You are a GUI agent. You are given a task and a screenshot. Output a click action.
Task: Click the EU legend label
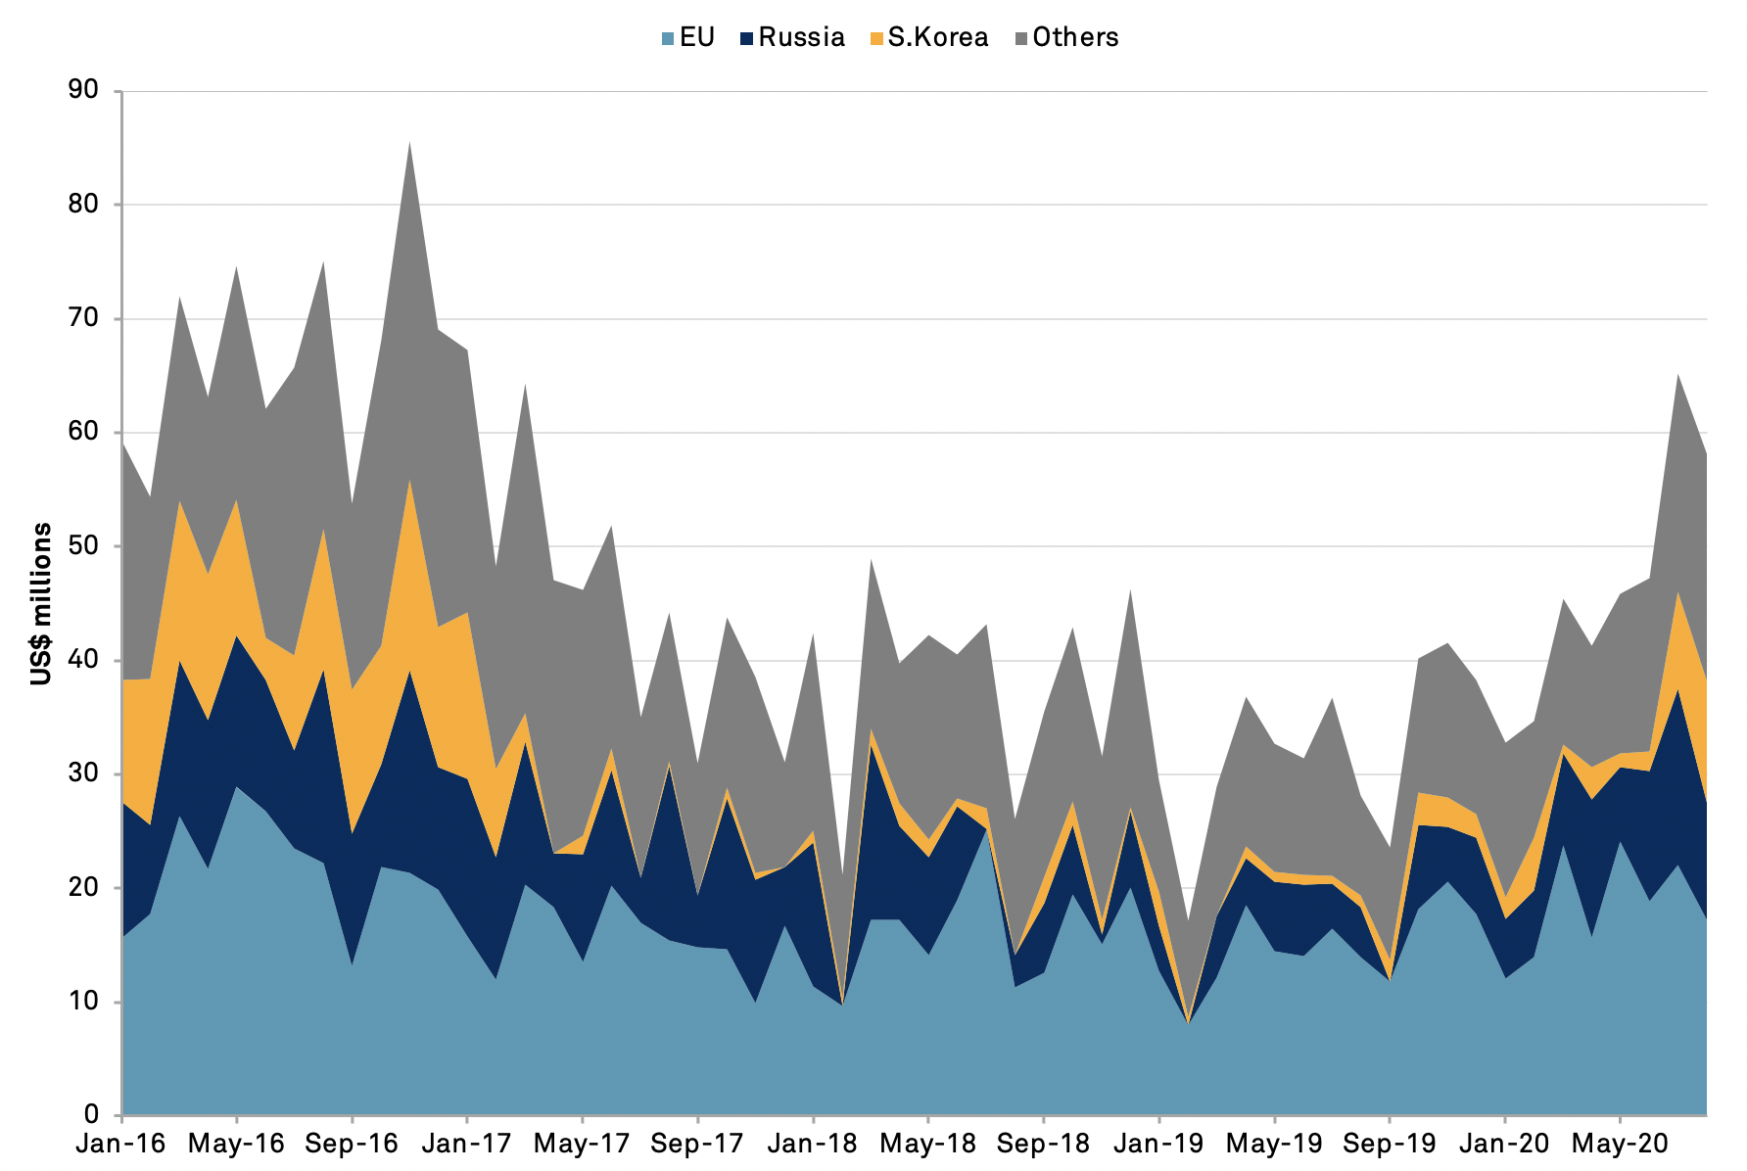coord(696,37)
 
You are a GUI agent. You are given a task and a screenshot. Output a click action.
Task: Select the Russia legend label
coord(801,37)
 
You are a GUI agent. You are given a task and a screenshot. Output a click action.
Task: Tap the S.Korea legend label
coord(937,37)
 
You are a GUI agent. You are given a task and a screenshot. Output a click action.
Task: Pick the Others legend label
coord(1075,37)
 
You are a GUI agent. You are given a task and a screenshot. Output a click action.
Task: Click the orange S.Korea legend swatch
coord(876,38)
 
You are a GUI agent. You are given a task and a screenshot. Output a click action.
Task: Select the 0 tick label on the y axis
coord(91,1114)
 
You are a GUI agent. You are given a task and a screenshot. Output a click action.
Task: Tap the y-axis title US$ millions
coord(41,604)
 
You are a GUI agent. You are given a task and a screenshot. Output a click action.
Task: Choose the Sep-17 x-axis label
coord(698,1144)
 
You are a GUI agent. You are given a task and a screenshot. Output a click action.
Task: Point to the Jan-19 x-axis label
coord(1158,1144)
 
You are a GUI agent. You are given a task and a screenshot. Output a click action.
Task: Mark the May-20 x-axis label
coord(1620,1144)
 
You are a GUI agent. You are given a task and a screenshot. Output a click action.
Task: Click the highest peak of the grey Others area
coord(409,144)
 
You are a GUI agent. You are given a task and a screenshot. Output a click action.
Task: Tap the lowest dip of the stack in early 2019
coord(1189,1022)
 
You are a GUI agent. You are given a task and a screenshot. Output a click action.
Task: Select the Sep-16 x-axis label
coord(353,1144)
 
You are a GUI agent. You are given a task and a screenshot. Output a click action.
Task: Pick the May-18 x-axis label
coord(928,1144)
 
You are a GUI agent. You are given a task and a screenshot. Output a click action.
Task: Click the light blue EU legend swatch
coord(668,38)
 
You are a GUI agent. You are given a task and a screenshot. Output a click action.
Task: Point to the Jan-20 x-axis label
coord(1504,1144)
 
